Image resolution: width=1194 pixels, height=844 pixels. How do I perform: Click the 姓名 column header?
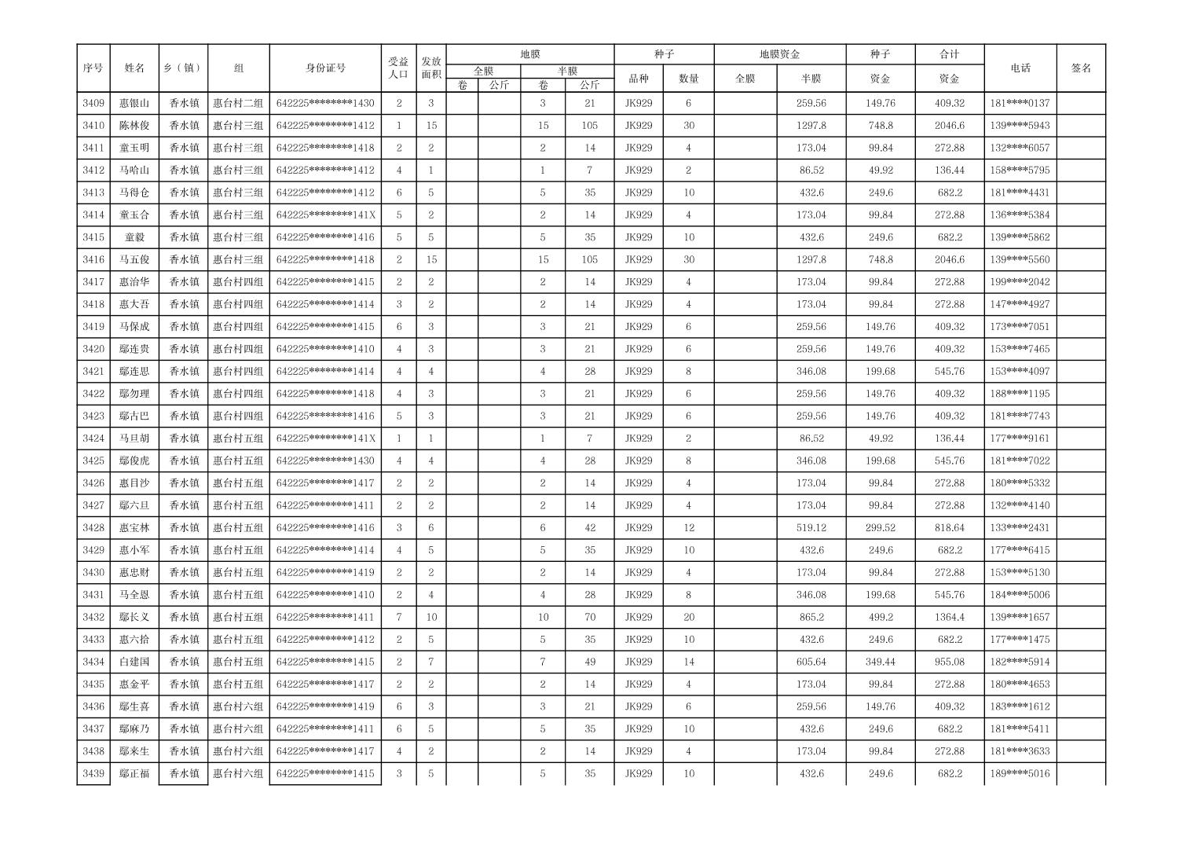tap(134, 68)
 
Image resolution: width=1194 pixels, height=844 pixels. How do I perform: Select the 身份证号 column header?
tap(325, 68)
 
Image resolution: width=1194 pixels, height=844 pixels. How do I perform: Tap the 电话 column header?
tap(1020, 68)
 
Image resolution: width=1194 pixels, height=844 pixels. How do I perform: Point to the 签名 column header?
tap(1081, 68)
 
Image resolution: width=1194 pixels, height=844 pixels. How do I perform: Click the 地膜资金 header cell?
tap(779, 54)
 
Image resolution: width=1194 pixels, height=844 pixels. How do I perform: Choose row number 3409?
tap(93, 103)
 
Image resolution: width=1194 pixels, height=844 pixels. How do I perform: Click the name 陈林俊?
tap(134, 126)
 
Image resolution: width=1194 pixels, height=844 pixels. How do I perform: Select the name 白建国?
tap(134, 662)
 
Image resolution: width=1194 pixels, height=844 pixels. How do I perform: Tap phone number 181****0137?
tap(1020, 103)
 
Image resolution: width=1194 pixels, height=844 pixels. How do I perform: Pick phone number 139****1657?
tap(1020, 618)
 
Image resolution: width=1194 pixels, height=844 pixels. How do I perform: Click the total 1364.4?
tap(949, 618)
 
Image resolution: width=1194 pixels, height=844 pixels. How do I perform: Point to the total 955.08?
tap(949, 662)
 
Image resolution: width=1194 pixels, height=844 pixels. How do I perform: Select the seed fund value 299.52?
tap(880, 528)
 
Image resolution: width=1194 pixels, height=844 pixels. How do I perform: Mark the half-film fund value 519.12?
tap(811, 528)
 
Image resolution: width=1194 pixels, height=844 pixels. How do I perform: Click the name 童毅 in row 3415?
tap(134, 237)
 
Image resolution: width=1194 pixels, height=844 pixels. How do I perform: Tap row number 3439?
tap(93, 774)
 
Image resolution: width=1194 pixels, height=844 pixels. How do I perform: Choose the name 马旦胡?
tap(134, 439)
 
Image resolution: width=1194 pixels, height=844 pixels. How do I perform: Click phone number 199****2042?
tap(1020, 282)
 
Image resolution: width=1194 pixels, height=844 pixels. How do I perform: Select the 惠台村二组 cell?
tap(238, 103)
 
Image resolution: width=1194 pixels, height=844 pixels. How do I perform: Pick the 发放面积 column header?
tap(430, 68)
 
